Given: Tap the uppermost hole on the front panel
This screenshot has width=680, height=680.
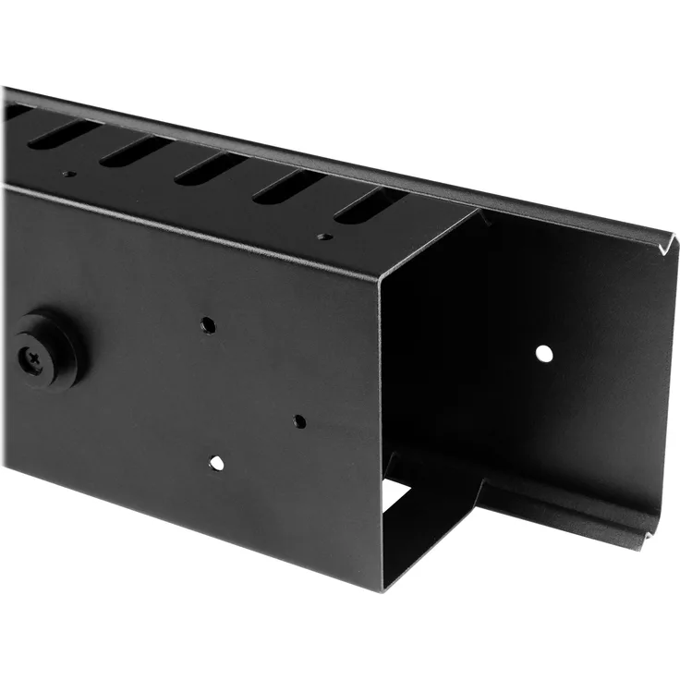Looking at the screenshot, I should click(209, 325).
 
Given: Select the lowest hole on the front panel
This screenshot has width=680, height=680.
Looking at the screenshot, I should click(216, 461).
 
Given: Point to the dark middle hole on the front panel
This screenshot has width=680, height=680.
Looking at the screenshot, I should click(298, 421).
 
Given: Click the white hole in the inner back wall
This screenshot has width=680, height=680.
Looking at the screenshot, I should click(544, 352).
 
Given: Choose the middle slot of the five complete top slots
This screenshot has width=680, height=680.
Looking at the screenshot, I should click(211, 167).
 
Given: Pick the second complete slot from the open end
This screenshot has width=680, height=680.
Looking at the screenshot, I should click(288, 186).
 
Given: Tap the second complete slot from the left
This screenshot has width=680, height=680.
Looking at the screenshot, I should click(135, 150).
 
